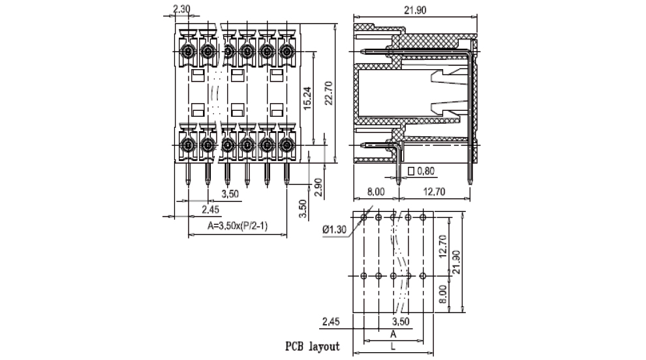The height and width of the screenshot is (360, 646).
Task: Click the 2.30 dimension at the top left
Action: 181,10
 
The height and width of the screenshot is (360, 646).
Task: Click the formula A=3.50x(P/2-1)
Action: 238,226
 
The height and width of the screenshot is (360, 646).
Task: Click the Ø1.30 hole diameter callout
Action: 335,229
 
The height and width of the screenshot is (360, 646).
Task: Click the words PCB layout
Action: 312,346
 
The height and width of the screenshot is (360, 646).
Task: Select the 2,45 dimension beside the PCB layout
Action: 332,321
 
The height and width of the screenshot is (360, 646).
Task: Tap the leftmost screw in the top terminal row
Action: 188,51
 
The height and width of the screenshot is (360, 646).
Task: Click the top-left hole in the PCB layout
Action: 363,217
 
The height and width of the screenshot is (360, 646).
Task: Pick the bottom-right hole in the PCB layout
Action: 423,276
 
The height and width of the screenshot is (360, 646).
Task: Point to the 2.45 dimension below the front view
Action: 210,209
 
